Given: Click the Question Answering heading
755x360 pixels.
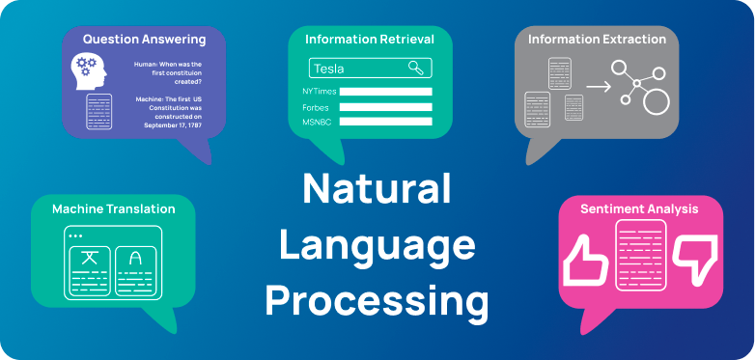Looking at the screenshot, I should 144,40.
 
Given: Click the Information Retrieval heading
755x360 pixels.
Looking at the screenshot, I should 370,40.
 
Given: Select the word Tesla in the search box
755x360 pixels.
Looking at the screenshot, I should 329,69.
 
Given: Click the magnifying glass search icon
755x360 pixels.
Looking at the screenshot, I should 415,68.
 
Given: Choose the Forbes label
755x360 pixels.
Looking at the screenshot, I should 315,107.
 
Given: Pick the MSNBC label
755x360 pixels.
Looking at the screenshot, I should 317,122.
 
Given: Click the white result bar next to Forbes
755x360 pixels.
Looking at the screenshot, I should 385,107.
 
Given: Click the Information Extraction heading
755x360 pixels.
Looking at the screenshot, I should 597,40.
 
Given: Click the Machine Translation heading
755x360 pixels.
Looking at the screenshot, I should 114,208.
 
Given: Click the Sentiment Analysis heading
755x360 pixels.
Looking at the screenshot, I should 639,208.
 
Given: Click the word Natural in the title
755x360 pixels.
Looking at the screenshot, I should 377,188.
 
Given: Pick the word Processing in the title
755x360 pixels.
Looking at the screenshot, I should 377,301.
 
